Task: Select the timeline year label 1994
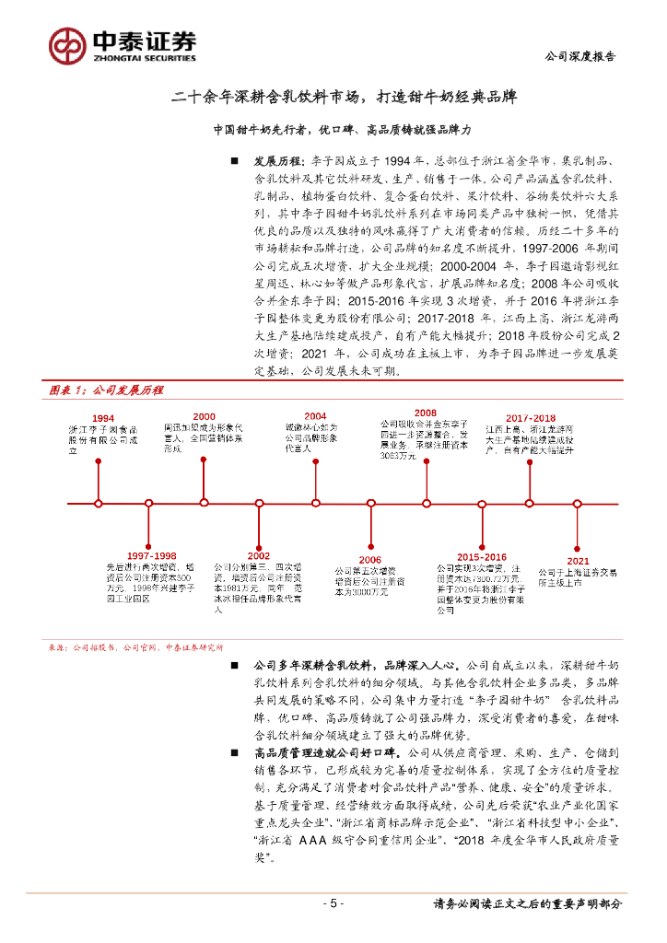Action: pyautogui.click(x=103, y=418)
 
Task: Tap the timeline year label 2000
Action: pyautogui.click(x=204, y=416)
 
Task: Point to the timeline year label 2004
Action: pyautogui.click(x=315, y=415)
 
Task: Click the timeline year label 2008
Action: pyautogui.click(x=425, y=413)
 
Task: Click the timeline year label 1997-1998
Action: pyautogui.click(x=152, y=556)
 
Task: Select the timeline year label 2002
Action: pyautogui.click(x=258, y=556)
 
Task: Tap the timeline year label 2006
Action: pyautogui.click(x=369, y=559)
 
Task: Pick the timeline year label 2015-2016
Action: pyautogui.click(x=482, y=557)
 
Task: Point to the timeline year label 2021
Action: pyautogui.click(x=578, y=560)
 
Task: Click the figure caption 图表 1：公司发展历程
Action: pyautogui.click(x=105, y=390)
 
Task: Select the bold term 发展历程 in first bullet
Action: pyautogui.click(x=279, y=158)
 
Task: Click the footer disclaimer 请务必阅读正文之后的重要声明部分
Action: pyautogui.click(x=527, y=904)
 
